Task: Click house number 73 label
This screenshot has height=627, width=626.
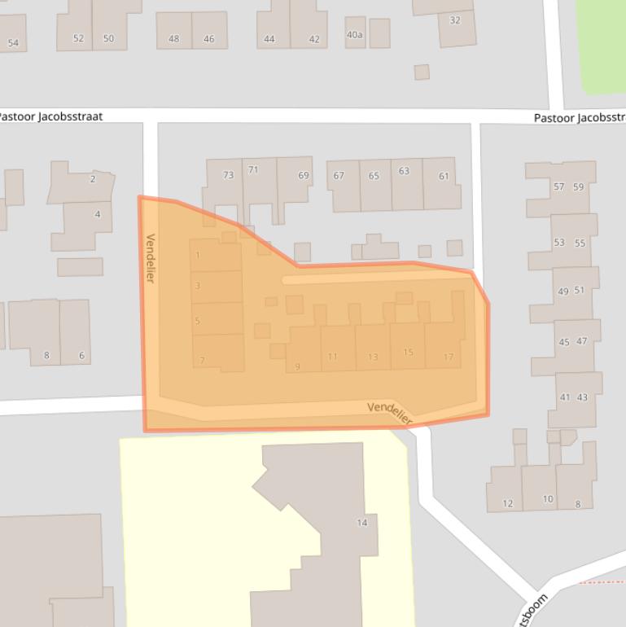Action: click(228, 175)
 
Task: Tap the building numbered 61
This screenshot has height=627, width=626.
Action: click(444, 177)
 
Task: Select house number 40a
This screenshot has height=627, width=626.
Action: click(355, 35)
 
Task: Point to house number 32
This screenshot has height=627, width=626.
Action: click(455, 20)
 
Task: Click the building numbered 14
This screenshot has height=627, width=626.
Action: click(362, 523)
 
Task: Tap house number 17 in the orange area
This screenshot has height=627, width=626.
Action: click(449, 357)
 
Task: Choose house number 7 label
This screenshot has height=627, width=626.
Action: click(202, 360)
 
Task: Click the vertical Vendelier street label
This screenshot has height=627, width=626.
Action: click(150, 258)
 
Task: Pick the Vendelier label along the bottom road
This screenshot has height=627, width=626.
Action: click(390, 413)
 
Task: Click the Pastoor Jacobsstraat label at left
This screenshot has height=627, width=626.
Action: click(50, 116)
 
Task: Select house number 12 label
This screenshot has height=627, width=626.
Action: click(508, 503)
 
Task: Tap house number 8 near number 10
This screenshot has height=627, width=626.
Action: click(578, 504)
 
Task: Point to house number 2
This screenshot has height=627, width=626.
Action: click(93, 179)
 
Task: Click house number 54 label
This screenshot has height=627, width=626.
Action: click(13, 43)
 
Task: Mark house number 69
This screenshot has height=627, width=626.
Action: click(304, 175)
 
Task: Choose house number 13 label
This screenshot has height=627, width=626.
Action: click(373, 357)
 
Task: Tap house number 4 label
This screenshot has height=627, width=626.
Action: click(98, 215)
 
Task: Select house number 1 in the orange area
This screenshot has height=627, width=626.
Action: click(198, 255)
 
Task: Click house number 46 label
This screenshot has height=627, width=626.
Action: click(209, 38)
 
